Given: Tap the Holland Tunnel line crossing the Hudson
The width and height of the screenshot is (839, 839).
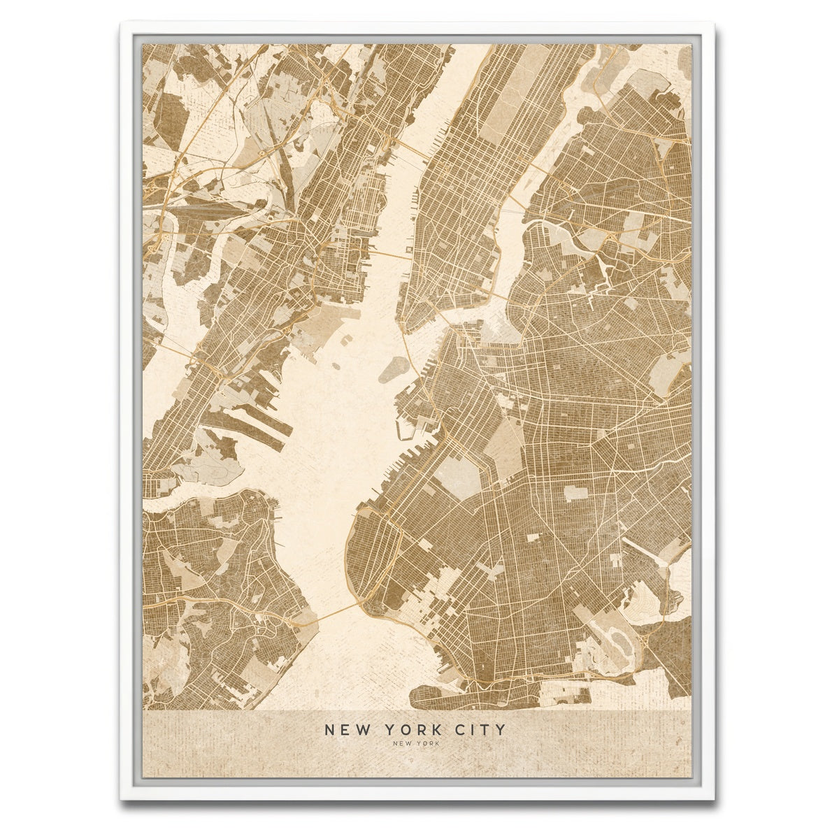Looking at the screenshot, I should (392, 254).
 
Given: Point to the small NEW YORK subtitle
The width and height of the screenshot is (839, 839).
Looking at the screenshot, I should (416, 744).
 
